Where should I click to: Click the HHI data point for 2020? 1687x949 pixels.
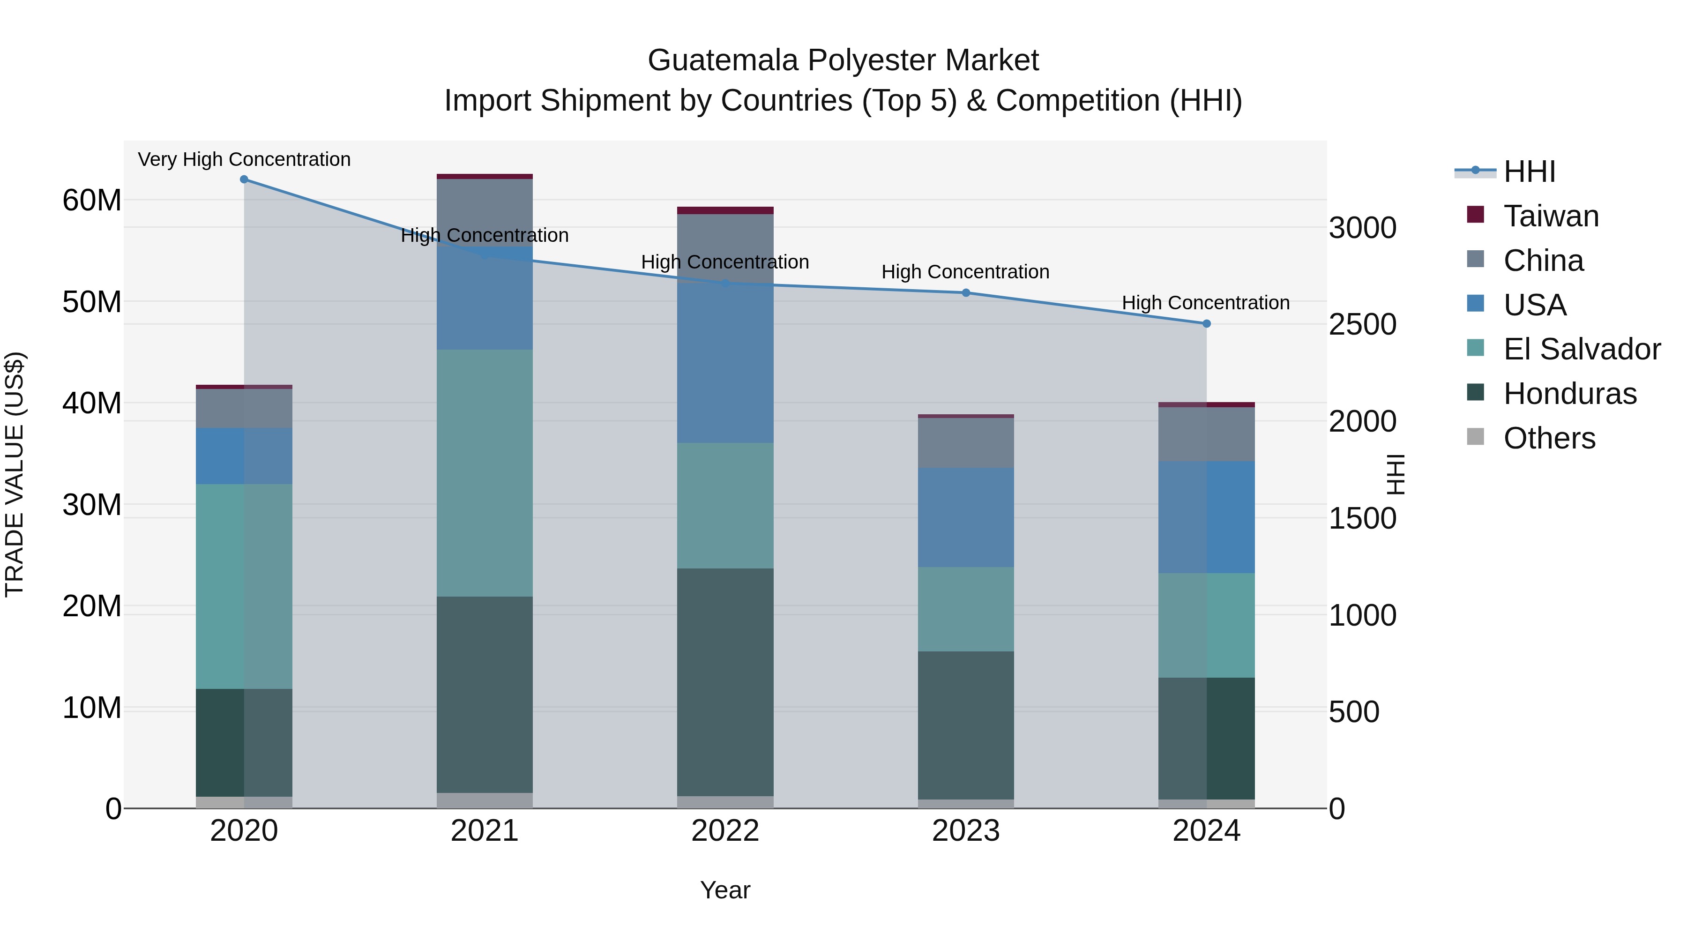(x=244, y=179)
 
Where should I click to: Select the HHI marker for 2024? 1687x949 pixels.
(x=1206, y=323)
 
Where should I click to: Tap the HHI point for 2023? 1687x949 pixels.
(x=966, y=293)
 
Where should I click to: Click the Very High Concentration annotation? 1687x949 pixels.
(x=244, y=159)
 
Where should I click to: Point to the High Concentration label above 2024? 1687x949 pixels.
(x=1206, y=303)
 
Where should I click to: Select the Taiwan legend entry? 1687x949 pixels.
(x=1551, y=216)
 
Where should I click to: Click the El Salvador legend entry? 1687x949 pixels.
(x=1582, y=349)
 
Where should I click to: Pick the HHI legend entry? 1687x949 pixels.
(x=1529, y=172)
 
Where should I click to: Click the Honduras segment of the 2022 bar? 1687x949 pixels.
(x=725, y=681)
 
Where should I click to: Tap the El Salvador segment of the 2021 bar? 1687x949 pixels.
(x=485, y=472)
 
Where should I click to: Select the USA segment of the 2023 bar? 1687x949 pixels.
(x=966, y=517)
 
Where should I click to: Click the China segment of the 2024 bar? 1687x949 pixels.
(x=1206, y=433)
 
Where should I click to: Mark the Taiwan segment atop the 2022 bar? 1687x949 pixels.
(x=725, y=210)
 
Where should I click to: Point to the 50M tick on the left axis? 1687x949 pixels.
(x=92, y=302)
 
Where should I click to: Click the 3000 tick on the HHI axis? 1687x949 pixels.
(x=1362, y=228)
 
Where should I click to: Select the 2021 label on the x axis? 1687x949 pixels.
(x=485, y=831)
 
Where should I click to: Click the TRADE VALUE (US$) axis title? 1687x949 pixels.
(x=15, y=474)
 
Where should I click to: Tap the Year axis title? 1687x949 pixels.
(x=725, y=890)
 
